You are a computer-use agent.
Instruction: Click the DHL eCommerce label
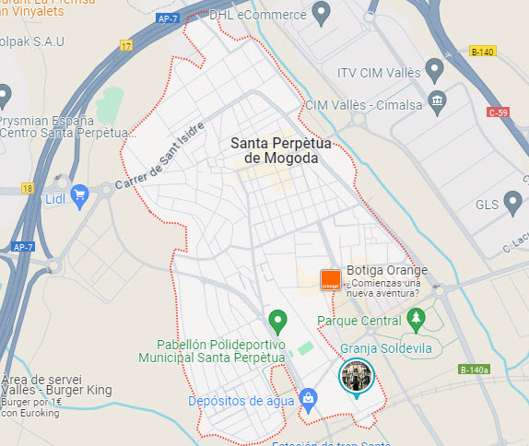[x=258, y=15]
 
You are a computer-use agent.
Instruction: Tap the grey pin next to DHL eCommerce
[x=322, y=13]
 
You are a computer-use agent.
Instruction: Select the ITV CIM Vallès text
[x=379, y=72]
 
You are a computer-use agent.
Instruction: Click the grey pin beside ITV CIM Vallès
[x=436, y=71]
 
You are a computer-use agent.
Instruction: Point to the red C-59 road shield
[x=498, y=112]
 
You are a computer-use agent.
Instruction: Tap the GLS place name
[x=486, y=205]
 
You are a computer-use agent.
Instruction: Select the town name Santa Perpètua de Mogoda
[x=275, y=150]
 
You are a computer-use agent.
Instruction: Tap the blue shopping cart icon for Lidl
[x=79, y=194]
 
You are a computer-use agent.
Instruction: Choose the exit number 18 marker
[x=27, y=188]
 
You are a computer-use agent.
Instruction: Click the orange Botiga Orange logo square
[x=330, y=280]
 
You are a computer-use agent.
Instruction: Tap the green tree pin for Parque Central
[x=417, y=319]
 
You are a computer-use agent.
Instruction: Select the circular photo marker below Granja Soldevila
[x=357, y=376]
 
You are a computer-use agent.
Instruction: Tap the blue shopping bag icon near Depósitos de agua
[x=309, y=400]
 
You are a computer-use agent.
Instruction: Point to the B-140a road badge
[x=474, y=370]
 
